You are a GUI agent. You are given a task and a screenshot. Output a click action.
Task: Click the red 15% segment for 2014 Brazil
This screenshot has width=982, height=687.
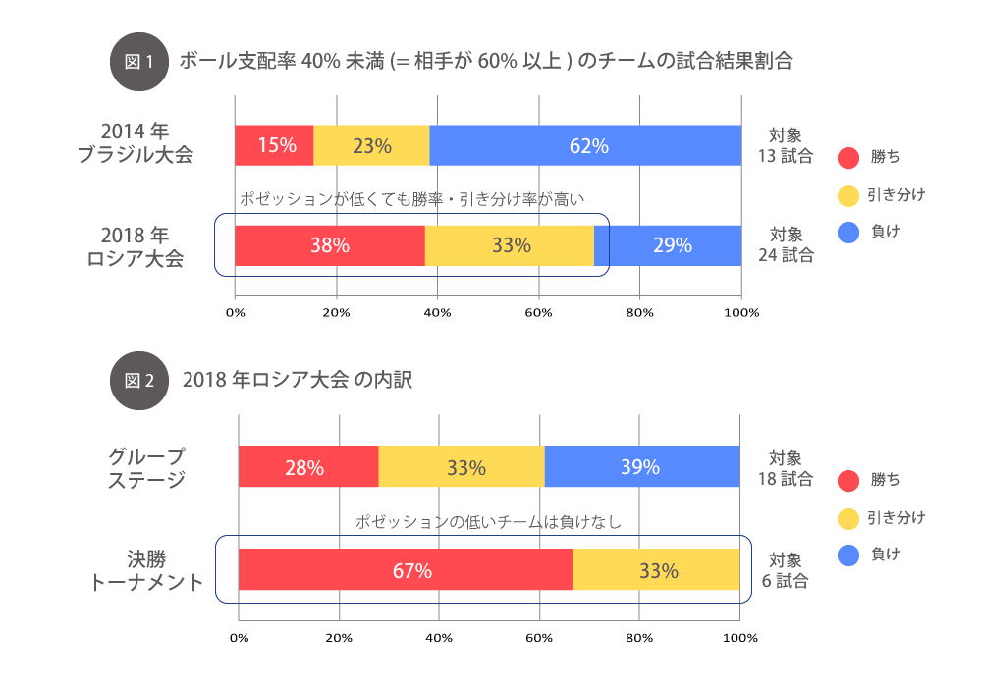[x=274, y=145]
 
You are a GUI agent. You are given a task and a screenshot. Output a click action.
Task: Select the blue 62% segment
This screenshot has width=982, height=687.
[x=586, y=145]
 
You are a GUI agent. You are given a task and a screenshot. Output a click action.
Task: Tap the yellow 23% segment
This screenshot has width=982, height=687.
[x=371, y=145]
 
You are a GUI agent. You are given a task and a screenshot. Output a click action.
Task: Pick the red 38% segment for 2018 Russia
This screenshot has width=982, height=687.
[x=330, y=245]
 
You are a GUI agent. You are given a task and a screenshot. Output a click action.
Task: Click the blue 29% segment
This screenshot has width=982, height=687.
[x=670, y=245]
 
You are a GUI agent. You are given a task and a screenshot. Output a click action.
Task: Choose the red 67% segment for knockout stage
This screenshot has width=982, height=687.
[x=406, y=569]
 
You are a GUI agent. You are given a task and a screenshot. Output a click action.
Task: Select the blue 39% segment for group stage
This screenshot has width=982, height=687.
[x=641, y=466]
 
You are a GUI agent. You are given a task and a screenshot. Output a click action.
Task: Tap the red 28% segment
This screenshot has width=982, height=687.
[x=307, y=466]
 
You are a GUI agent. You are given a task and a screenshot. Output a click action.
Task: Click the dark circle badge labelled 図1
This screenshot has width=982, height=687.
[x=138, y=61]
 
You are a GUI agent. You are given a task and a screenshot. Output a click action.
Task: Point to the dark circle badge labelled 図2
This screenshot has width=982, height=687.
[x=138, y=380]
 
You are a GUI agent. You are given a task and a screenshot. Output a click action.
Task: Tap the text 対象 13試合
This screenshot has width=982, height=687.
[x=786, y=145]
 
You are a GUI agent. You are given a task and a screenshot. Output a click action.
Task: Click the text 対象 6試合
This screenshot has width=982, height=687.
[x=786, y=570]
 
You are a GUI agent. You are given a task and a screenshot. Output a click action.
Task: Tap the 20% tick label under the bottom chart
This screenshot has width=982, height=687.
[x=339, y=638]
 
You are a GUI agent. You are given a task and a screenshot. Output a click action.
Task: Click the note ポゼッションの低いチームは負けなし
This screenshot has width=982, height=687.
[x=489, y=522]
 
